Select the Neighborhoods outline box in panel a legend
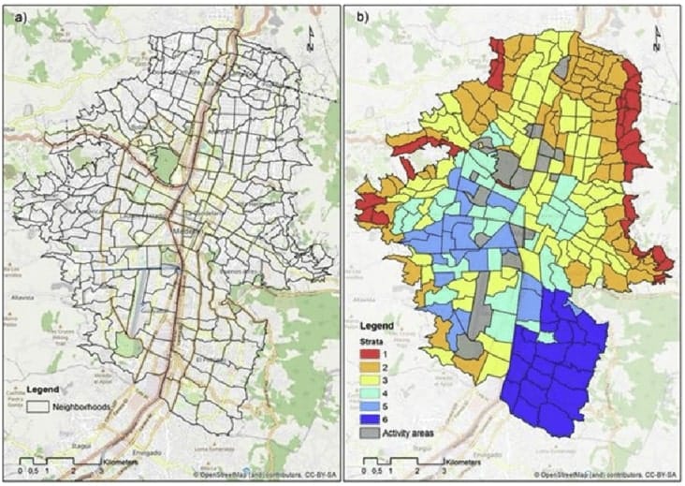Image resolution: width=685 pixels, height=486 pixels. point(37,407)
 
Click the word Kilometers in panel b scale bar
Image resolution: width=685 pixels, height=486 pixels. point(463,463)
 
